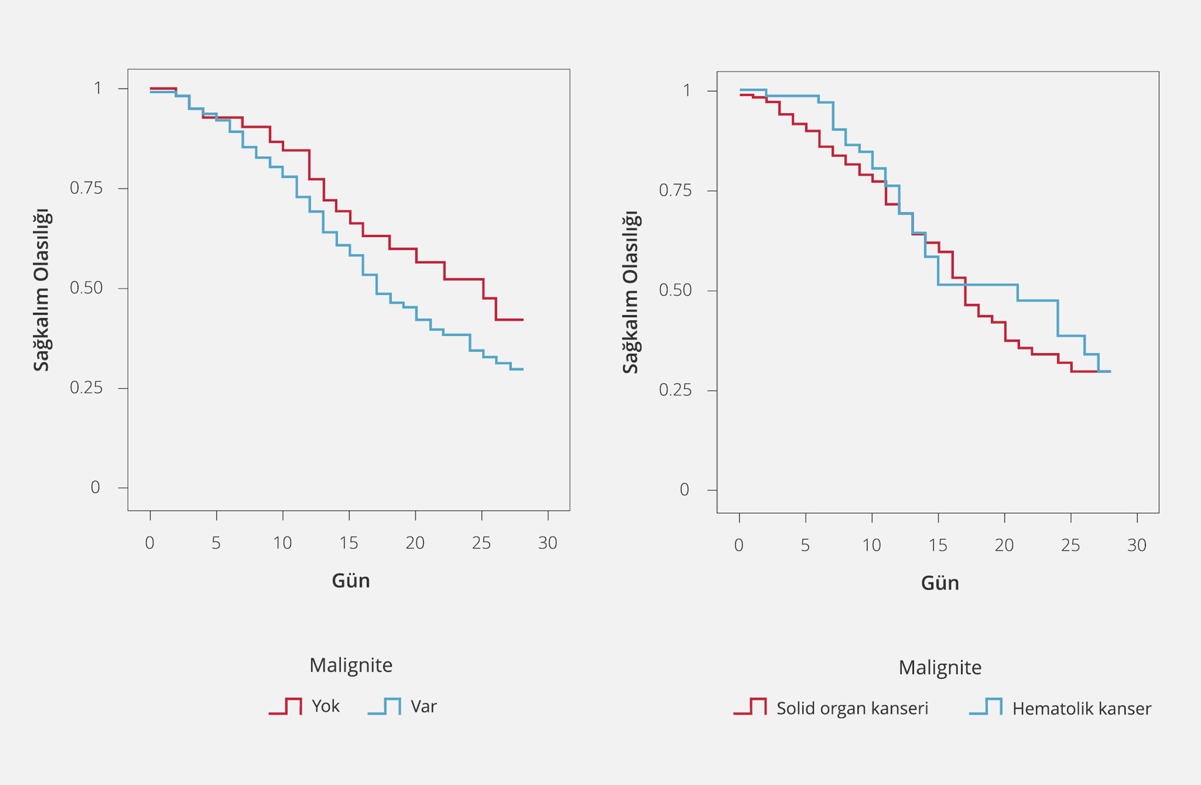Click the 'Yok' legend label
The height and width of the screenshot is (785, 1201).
coord(325,706)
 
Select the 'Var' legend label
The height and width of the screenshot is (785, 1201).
coord(424,706)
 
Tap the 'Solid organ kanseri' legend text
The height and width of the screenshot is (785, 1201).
coord(852,709)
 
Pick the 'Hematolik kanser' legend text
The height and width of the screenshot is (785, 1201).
coord(1082,709)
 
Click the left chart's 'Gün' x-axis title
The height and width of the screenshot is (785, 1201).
coord(350,581)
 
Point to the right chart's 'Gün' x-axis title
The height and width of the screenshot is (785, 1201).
coord(940,583)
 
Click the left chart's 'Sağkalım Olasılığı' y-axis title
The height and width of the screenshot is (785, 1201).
coord(41,290)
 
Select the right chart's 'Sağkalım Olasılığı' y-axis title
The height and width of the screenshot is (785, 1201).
coord(630,292)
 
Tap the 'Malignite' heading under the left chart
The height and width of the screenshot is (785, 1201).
coord(350,665)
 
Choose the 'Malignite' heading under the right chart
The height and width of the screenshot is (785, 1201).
coord(940,667)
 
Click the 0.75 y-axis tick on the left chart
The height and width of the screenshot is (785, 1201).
coord(86,189)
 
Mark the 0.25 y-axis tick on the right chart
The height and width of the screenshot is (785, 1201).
coord(676,390)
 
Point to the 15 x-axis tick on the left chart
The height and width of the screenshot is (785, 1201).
coord(349,543)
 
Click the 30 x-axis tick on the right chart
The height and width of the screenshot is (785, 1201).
coord(1137,545)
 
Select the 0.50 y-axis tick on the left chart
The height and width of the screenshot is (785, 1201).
coord(86,288)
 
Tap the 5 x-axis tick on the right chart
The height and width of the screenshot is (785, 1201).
coord(805,545)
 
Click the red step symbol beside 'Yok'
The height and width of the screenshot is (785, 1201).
coord(286,706)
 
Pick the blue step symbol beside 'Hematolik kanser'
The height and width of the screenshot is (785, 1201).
coord(986,707)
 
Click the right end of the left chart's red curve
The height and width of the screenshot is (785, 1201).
coord(523,319)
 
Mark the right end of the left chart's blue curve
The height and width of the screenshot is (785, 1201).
coord(523,369)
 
